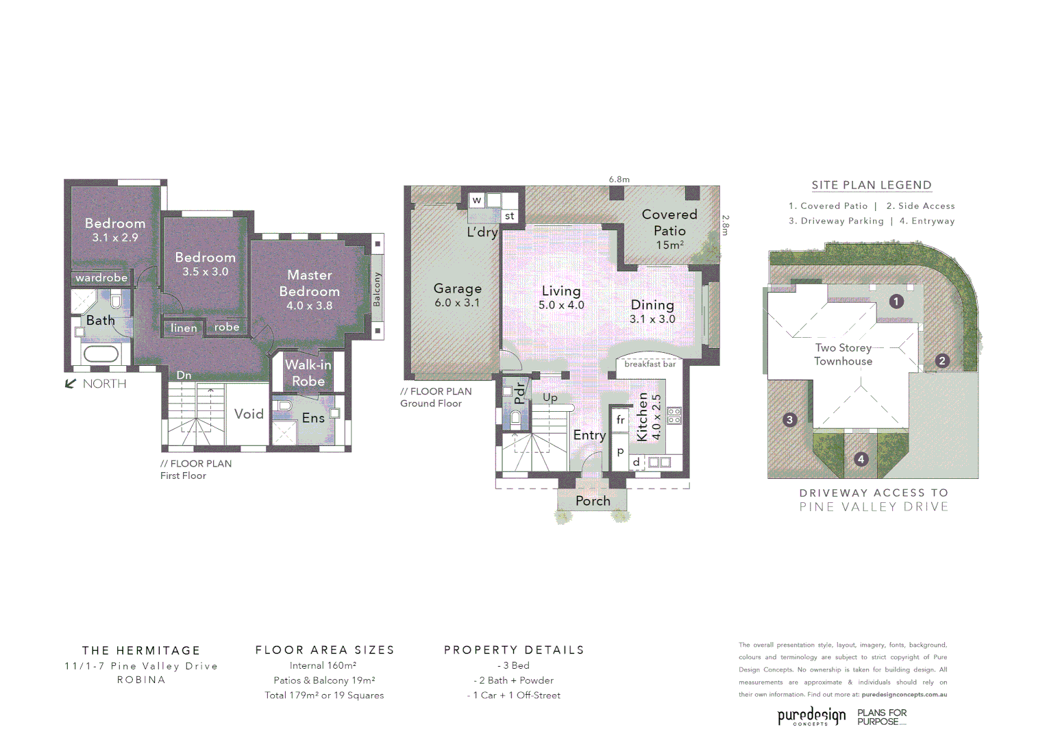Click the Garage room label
pyautogui.click(x=457, y=295)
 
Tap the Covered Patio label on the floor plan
pyautogui.click(x=669, y=229)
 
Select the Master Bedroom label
pyautogui.click(x=310, y=290)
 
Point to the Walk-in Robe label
pyautogui.click(x=308, y=373)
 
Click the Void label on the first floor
pyautogui.click(x=249, y=414)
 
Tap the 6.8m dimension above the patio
pyautogui.click(x=619, y=180)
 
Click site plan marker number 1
pyautogui.click(x=896, y=301)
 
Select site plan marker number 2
pyautogui.click(x=942, y=360)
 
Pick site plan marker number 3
pyautogui.click(x=789, y=419)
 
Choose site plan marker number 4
pyautogui.click(x=861, y=459)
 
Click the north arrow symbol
pyautogui.click(x=70, y=384)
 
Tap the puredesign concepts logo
pyautogui.click(x=811, y=716)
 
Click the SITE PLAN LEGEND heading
pyautogui.click(x=872, y=185)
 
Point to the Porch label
pyautogui.click(x=593, y=501)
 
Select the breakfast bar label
pyautogui.click(x=650, y=364)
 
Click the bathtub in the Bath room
pyautogui.click(x=101, y=354)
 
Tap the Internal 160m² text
pyautogui.click(x=323, y=665)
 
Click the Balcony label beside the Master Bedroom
pyautogui.click(x=376, y=289)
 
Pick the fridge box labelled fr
pyautogui.click(x=620, y=419)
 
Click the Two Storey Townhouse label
pyautogui.click(x=843, y=354)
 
